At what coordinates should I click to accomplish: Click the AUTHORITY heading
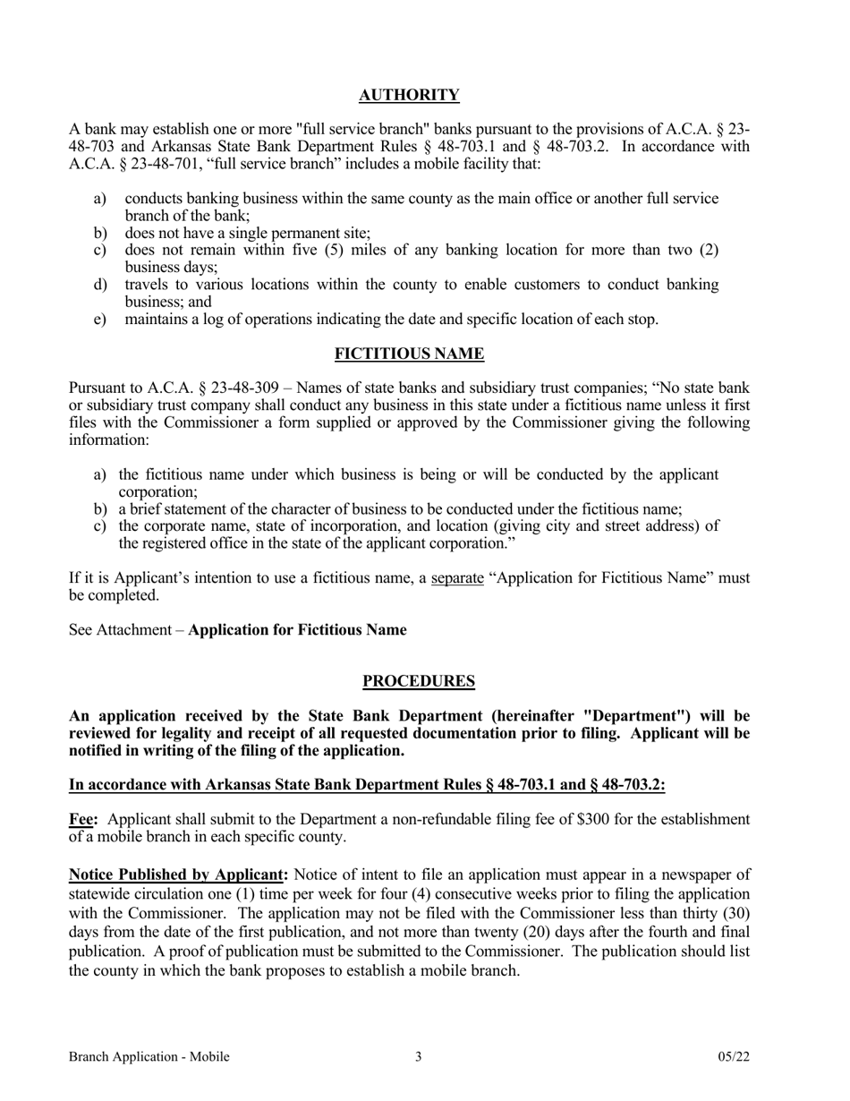click(409, 96)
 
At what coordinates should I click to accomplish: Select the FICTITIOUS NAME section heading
click(409, 354)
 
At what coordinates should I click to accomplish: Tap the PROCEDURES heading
click(418, 682)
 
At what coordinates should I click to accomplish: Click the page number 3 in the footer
click(418, 1057)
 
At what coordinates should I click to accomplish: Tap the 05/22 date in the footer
click(733, 1057)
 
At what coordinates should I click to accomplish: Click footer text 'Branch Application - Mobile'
click(149, 1057)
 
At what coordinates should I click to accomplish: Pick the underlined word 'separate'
click(457, 578)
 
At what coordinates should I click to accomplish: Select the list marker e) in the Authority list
click(100, 319)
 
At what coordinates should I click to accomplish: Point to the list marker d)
click(100, 285)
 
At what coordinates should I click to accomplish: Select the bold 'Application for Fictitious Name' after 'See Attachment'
click(297, 630)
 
